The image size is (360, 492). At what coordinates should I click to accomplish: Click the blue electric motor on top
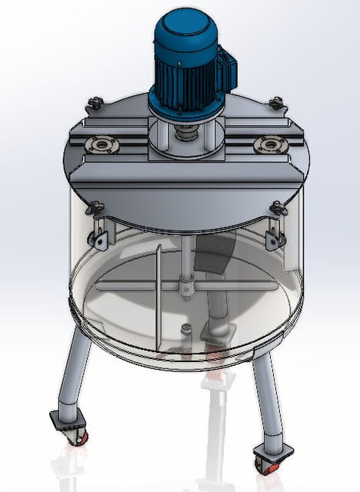(187, 58)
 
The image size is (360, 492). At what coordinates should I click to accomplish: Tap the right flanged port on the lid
(269, 142)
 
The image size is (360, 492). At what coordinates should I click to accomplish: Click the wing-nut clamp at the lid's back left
(96, 102)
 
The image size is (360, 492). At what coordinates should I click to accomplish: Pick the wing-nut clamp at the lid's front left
(96, 206)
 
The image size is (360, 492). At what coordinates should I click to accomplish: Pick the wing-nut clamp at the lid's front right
(276, 206)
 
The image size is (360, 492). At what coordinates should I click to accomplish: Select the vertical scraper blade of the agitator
(156, 296)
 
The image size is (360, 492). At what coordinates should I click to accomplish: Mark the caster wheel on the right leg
(266, 464)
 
